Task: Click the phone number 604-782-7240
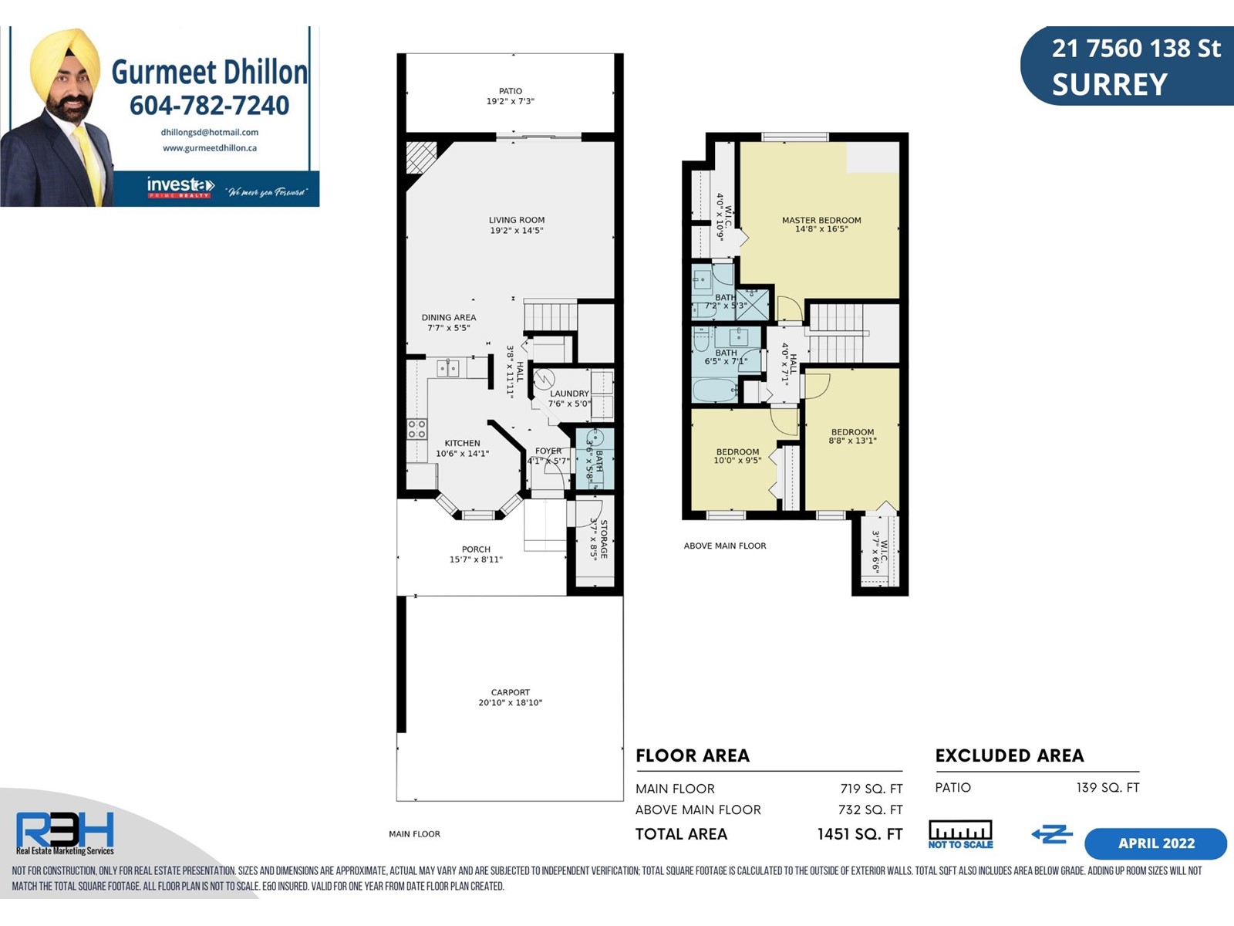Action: (x=209, y=105)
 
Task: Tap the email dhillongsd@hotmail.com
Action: (x=210, y=133)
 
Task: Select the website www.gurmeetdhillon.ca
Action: (x=210, y=148)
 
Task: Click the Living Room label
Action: (x=517, y=220)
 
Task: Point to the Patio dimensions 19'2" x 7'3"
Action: (x=511, y=101)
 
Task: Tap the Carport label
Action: (x=511, y=692)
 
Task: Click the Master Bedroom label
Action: (x=821, y=220)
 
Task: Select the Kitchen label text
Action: (x=462, y=443)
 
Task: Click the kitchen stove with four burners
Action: (x=416, y=428)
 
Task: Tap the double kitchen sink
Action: (x=448, y=369)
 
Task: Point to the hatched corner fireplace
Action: (x=421, y=157)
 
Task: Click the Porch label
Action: (x=476, y=549)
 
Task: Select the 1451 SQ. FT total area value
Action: (x=860, y=834)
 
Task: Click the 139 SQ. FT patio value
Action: (x=1108, y=788)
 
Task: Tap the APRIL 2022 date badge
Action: (x=1156, y=843)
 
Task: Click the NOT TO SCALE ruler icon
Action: (x=960, y=834)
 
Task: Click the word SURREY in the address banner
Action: (x=1110, y=85)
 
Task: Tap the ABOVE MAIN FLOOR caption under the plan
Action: (x=725, y=546)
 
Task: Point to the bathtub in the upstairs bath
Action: (x=715, y=390)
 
